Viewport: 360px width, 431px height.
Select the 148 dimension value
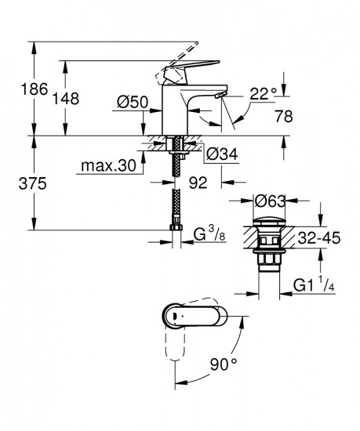tap(49, 99)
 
